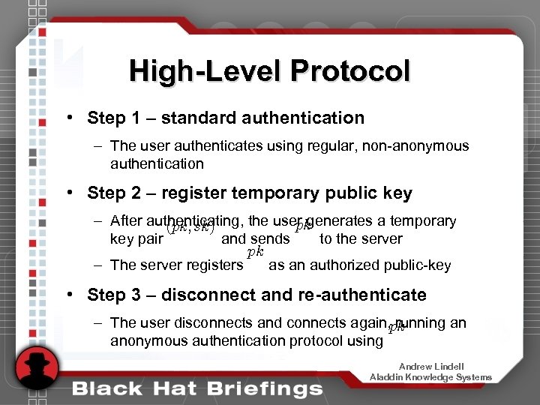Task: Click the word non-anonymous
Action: click(415, 146)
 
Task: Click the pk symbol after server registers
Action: click(255, 253)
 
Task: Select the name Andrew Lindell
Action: click(430, 366)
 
